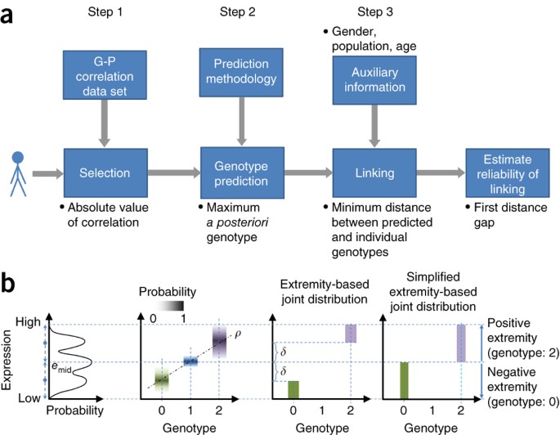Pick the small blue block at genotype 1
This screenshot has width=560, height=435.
(x=192, y=361)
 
